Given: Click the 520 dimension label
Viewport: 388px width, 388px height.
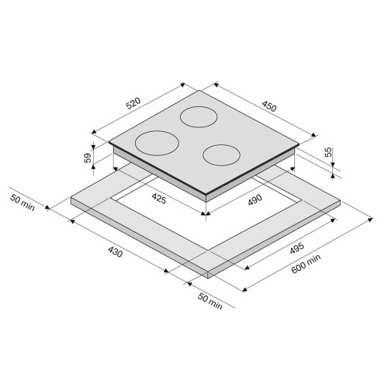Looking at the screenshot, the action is [133, 103].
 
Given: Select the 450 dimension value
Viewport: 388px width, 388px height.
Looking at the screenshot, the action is [269, 106].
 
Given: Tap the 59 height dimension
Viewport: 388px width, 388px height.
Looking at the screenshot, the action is [88, 158].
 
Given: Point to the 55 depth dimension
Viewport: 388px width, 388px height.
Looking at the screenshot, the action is [327, 152].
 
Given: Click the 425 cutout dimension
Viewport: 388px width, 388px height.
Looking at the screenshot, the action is [159, 199].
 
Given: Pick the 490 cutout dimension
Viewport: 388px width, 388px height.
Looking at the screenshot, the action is [255, 199].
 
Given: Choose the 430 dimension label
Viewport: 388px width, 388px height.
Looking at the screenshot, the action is [115, 251].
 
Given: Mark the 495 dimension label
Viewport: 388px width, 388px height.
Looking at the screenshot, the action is [297, 248].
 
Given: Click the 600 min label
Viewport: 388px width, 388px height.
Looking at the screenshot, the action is [306, 263].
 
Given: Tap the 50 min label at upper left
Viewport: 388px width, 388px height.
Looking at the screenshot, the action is [23, 203].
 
